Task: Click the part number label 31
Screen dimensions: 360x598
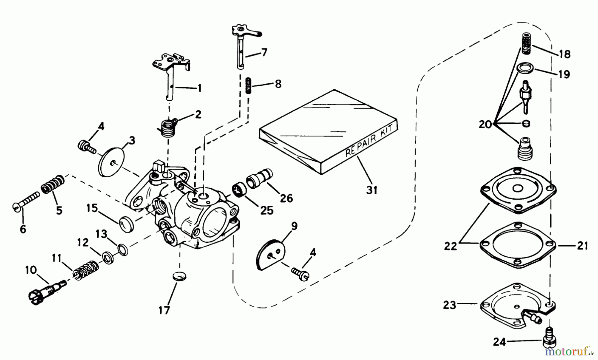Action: [x=372, y=190]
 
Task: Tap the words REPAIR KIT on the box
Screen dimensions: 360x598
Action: [x=369, y=140]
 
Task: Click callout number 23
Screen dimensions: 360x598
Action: [x=449, y=305]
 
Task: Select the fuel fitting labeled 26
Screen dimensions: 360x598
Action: [x=259, y=179]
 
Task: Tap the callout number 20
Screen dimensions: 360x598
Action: [x=485, y=125]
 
